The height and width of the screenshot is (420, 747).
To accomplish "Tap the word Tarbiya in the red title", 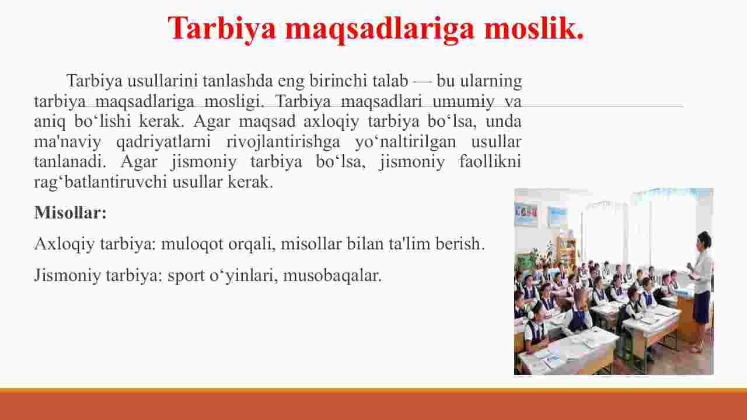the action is [222, 29].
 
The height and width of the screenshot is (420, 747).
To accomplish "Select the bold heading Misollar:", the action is [71, 213].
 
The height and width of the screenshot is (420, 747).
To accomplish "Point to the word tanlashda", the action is [238, 81].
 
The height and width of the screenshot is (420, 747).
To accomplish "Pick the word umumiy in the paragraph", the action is [463, 102].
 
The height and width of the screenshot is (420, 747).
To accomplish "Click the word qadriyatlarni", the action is [163, 142].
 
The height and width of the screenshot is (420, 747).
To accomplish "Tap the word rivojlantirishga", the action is [283, 142].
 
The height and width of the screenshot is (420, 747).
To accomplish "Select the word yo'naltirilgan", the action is [406, 142].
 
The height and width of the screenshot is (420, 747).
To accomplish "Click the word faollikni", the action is [490, 162].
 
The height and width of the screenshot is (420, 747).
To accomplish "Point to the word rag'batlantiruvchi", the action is [100, 182].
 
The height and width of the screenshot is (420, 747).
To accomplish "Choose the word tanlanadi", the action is [70, 162].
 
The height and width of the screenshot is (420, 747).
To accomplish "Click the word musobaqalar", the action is [332, 276].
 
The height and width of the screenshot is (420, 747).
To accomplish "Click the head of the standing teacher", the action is [704, 239].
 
